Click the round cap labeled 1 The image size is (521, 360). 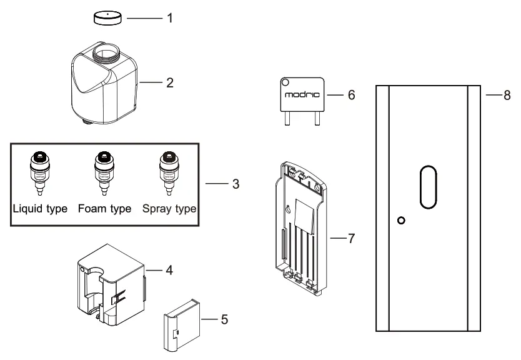pos(107,17)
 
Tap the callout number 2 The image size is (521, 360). pos(169,82)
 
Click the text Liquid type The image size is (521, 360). pos(40,208)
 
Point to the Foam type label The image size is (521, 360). pos(104,208)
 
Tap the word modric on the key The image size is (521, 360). pos(302,96)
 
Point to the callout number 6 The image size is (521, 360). pos(351,95)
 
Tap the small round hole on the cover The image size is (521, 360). pos(402,220)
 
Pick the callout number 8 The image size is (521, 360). pos(507,95)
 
